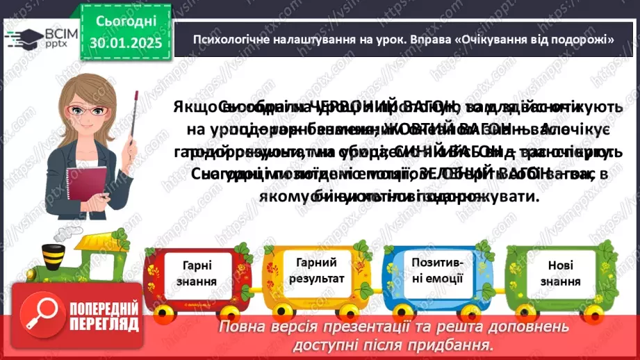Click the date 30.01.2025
point(126,43)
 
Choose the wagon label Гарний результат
point(316,270)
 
